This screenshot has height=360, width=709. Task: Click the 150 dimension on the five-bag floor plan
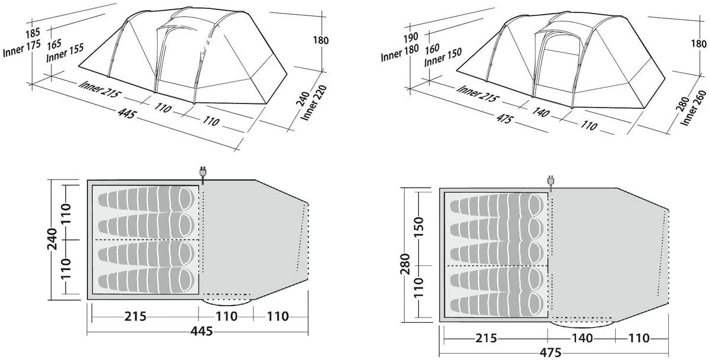pyautogui.click(x=418, y=228)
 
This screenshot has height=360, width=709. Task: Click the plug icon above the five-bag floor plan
pyautogui.click(x=550, y=181)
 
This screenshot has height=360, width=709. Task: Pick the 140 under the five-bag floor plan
pyautogui.click(x=581, y=338)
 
